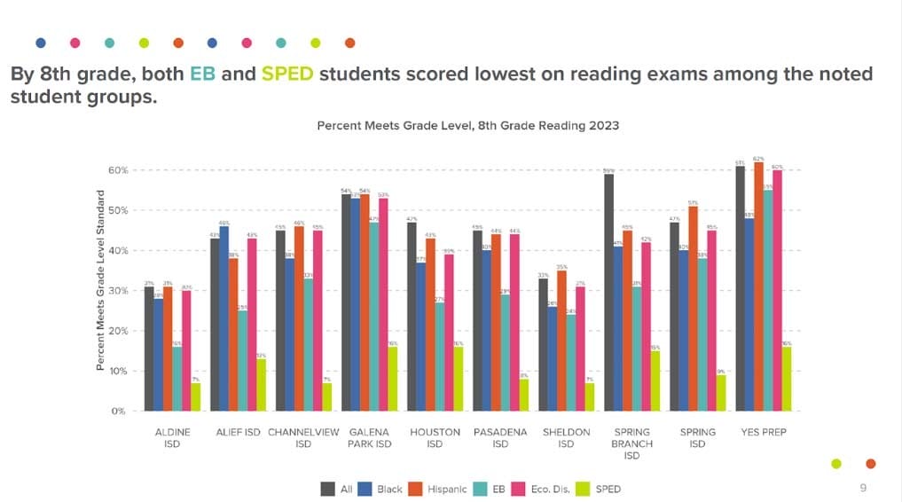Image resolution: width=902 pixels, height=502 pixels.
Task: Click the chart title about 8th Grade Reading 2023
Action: pos(467,126)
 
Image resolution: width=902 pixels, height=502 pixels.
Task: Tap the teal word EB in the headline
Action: pos(202,74)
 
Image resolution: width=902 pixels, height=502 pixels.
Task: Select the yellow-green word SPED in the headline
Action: pos(287,74)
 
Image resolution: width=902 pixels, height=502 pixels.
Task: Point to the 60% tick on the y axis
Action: pos(118,170)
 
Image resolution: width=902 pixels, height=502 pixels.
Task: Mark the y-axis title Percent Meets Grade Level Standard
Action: pos(100,281)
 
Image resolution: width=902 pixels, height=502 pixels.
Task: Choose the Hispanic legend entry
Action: pos(438,489)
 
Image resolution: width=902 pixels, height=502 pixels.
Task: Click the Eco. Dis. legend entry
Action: pos(544,489)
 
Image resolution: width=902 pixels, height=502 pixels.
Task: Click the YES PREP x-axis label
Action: pos(763,433)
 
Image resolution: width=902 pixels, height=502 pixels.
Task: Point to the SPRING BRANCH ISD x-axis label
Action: pos(631,443)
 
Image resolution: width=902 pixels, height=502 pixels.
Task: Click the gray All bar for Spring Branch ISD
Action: pos(609,293)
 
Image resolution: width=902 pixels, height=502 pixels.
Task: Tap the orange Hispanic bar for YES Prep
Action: pos(757,286)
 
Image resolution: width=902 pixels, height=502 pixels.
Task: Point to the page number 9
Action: pos(863,488)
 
